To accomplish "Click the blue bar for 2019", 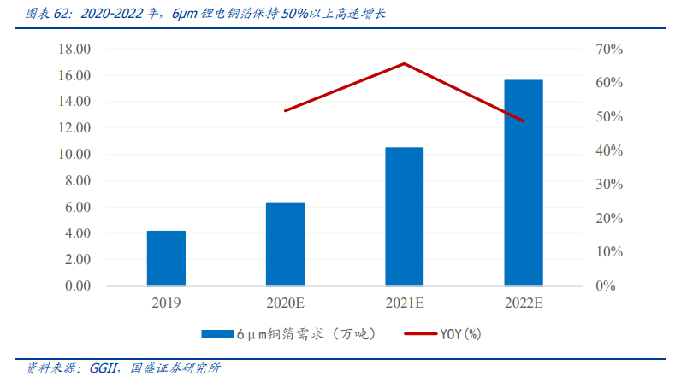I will (166, 258).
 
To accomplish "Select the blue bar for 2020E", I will (285, 244).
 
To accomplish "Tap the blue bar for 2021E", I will (404, 216).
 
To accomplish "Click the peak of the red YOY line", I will (404, 63).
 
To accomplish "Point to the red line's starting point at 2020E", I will (285, 111).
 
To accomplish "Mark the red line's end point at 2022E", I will (524, 121).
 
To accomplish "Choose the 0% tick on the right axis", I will (606, 286).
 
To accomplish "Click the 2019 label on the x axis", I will (166, 303).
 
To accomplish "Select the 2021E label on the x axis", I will (404, 303).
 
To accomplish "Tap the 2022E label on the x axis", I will (523, 303).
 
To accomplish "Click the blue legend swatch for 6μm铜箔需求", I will (217, 334).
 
